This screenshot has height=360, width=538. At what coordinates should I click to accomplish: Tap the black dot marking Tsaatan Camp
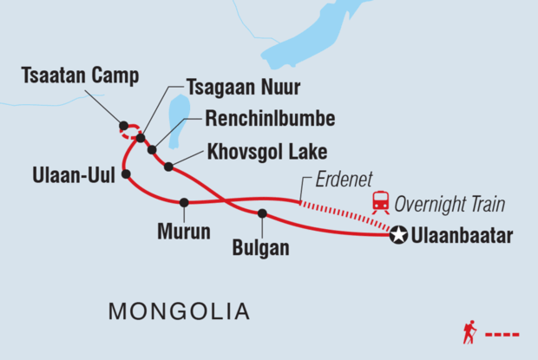124,125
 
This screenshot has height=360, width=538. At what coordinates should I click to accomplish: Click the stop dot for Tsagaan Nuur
140,137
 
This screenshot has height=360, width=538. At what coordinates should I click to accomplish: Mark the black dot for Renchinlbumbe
152,150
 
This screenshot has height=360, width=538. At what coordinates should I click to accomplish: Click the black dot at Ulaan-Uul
127,174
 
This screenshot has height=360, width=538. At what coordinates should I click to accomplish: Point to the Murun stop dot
184,203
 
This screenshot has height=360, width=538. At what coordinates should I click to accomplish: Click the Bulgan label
260,248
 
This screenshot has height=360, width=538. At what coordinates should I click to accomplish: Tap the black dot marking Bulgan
262,213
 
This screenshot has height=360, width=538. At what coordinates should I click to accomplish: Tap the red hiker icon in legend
469,332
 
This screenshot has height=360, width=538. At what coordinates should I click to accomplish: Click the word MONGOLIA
178,311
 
